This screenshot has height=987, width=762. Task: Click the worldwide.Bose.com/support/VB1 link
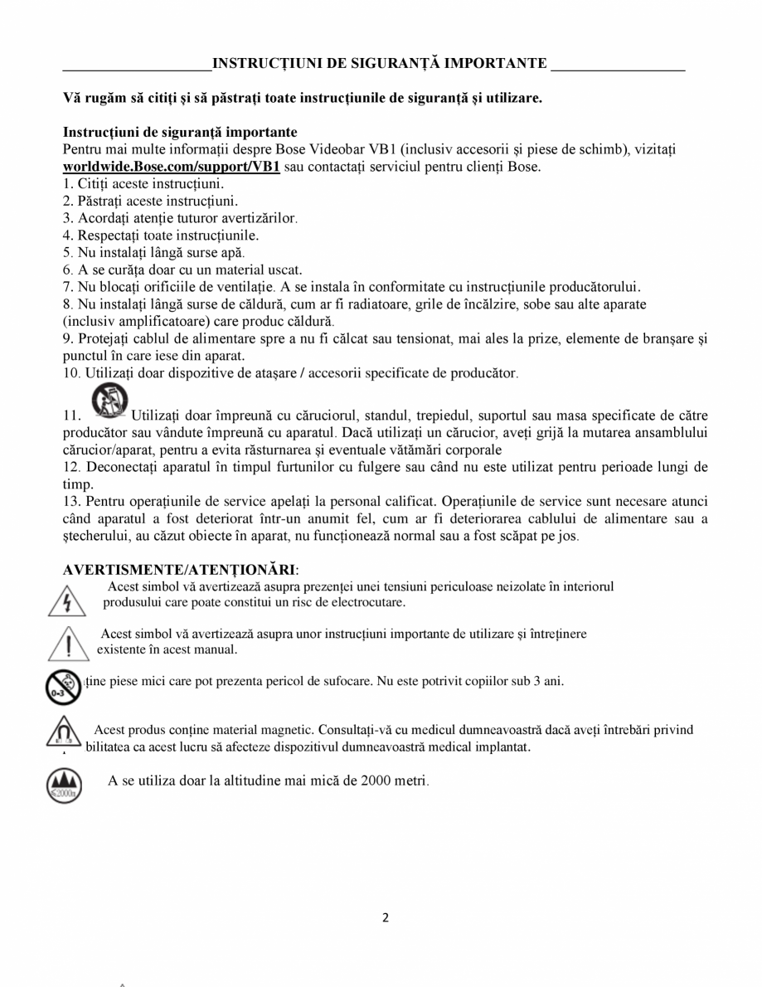click(172, 167)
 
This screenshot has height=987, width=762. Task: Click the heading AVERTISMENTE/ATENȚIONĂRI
click(178, 570)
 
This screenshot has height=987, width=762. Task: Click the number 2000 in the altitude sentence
click(378, 780)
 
